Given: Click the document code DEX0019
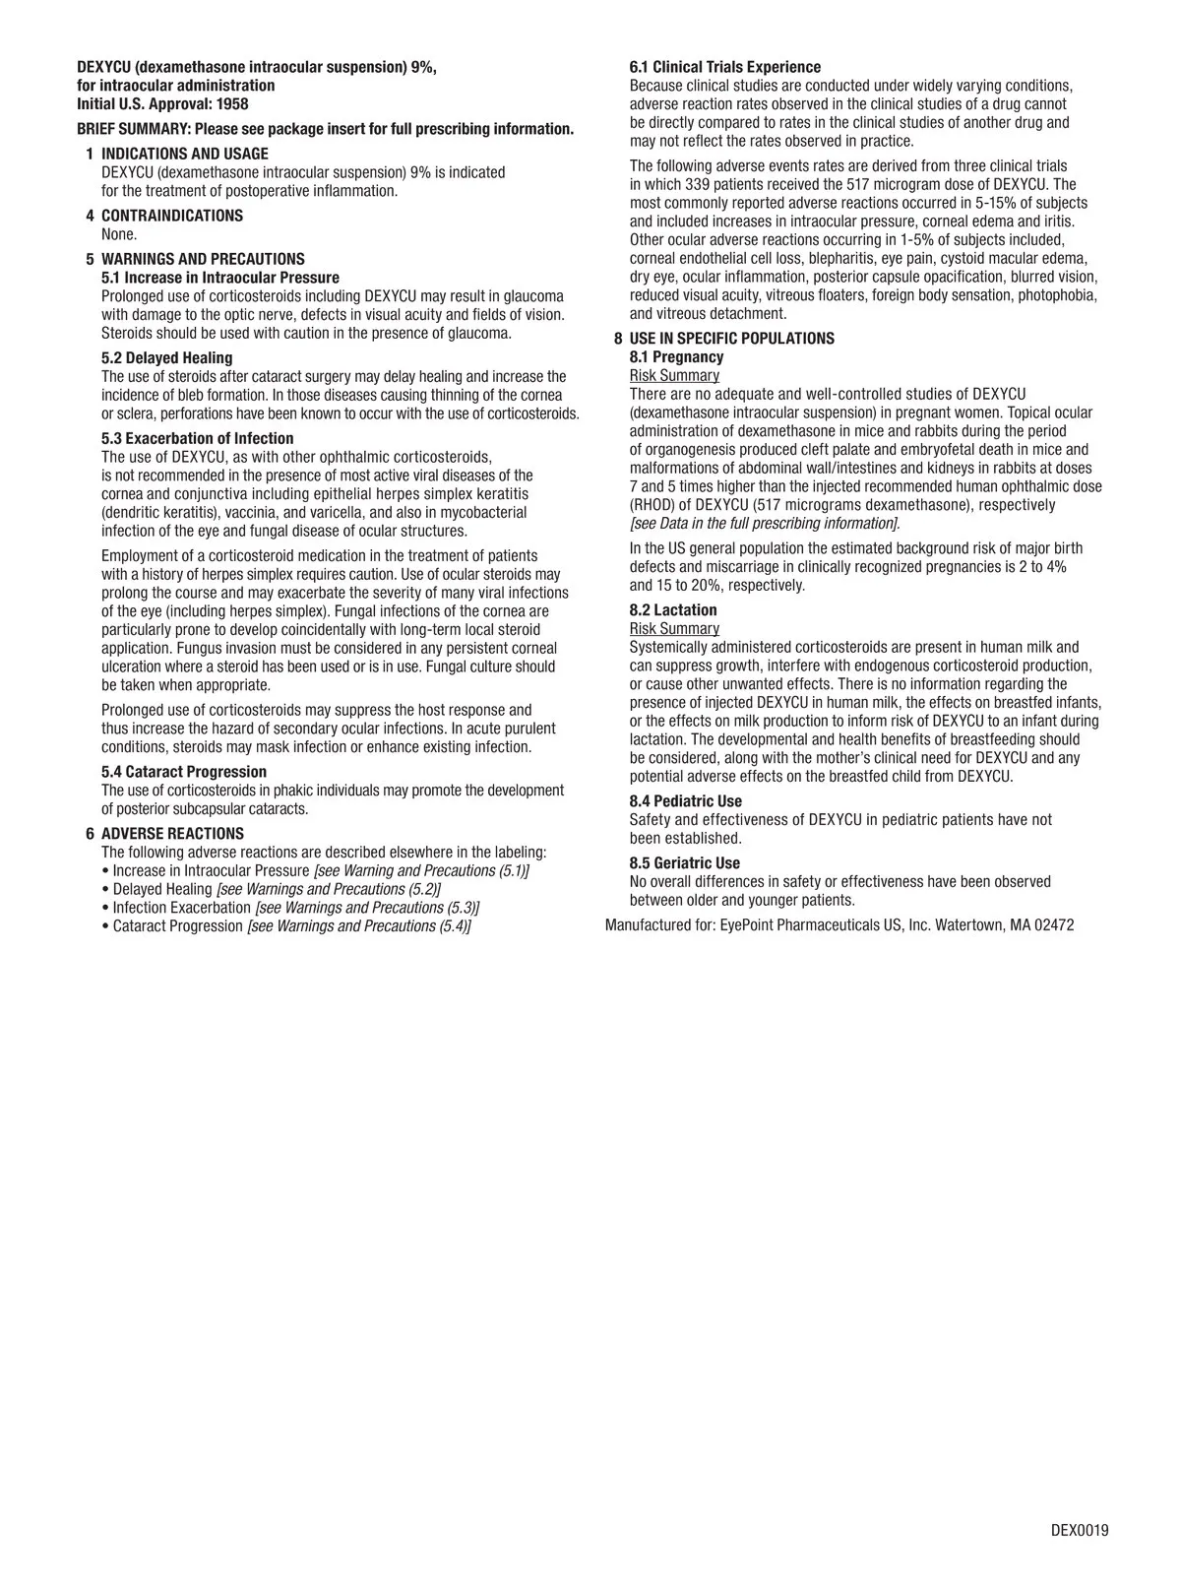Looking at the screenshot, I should (x=1080, y=1530).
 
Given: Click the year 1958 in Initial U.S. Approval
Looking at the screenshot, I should (x=232, y=104).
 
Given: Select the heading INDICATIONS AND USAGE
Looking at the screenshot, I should (x=185, y=155).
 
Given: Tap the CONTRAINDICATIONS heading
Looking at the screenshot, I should (x=172, y=216).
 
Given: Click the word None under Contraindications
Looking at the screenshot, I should (x=119, y=234).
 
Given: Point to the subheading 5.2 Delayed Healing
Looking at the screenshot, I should (x=167, y=358).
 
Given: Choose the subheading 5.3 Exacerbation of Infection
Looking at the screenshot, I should (x=198, y=439).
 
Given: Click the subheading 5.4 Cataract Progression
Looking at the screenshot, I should (x=184, y=772).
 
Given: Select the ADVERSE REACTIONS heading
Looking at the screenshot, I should (x=172, y=834).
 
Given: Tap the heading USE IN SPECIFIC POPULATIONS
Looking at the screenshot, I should (x=731, y=339).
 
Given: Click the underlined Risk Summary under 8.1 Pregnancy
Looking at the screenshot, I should (x=674, y=376).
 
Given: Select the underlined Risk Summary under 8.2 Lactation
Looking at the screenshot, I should (x=674, y=629).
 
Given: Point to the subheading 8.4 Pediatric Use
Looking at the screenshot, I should (x=686, y=801).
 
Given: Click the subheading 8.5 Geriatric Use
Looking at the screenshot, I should (x=685, y=863).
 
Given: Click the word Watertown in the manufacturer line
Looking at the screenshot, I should (x=968, y=925).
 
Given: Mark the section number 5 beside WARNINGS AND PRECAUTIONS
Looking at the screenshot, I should (x=91, y=260).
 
